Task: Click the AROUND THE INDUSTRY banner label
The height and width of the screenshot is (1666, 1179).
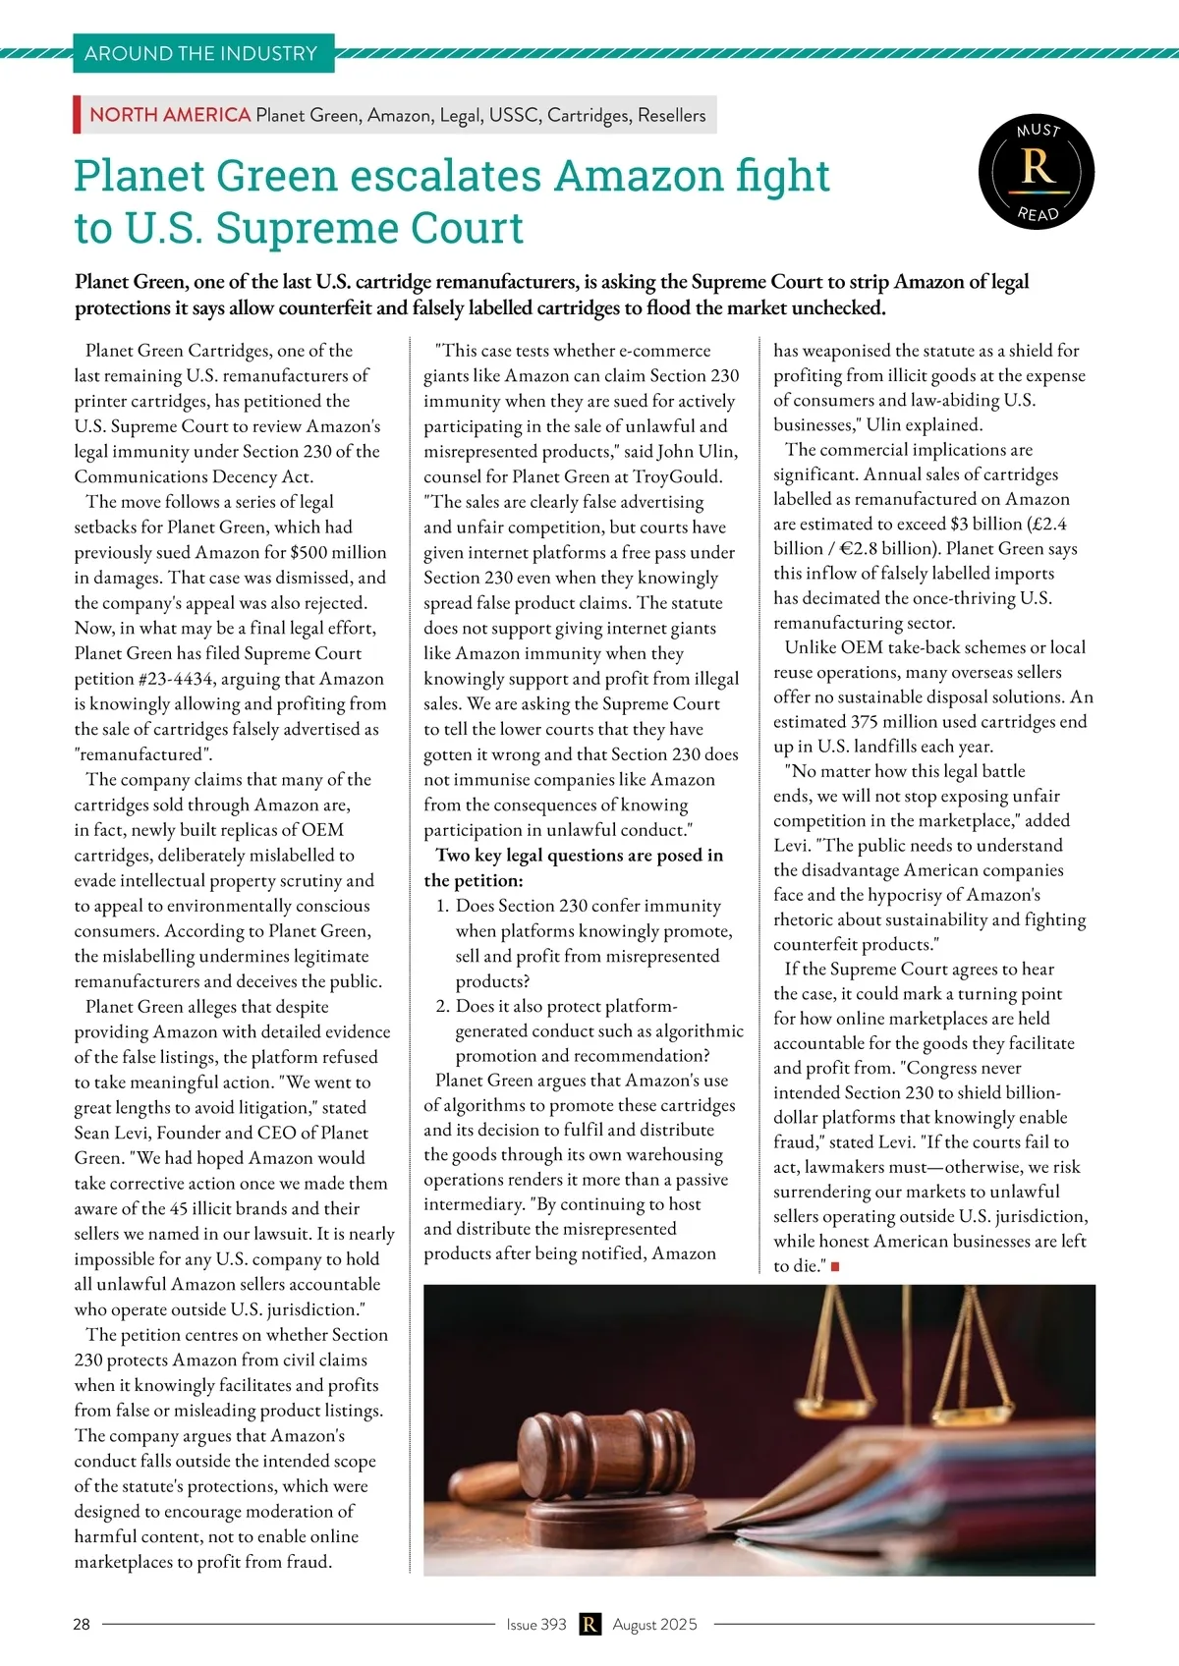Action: coord(201,53)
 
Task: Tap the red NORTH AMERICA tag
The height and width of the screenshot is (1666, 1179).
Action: coord(170,115)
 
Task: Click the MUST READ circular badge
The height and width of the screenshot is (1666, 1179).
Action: coord(1037,171)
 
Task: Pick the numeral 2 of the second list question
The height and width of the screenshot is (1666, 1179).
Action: coord(441,1006)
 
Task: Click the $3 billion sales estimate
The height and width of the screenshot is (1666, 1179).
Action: coord(992,524)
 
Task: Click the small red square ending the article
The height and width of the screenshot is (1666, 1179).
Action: coord(835,1267)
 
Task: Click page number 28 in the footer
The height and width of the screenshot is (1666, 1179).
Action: coord(82,1624)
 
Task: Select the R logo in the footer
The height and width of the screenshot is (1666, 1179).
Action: coord(589,1624)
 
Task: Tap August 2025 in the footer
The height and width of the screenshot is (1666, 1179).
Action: coord(654,1624)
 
